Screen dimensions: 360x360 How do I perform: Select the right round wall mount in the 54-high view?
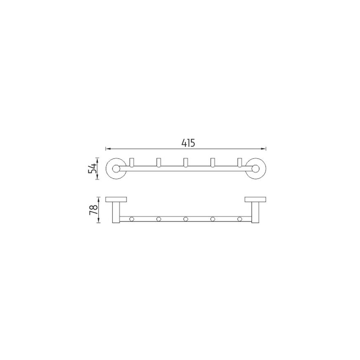pos(256,168)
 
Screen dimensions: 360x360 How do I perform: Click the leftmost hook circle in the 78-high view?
pos(131,219)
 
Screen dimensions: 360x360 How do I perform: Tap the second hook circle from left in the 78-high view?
pos(158,219)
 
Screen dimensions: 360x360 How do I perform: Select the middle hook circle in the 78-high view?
pos(185,219)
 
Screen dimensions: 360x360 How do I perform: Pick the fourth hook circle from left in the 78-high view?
pos(212,219)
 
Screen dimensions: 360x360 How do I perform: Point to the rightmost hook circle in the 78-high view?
pos(239,219)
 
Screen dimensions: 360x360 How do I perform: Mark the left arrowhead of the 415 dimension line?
pos(107,148)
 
